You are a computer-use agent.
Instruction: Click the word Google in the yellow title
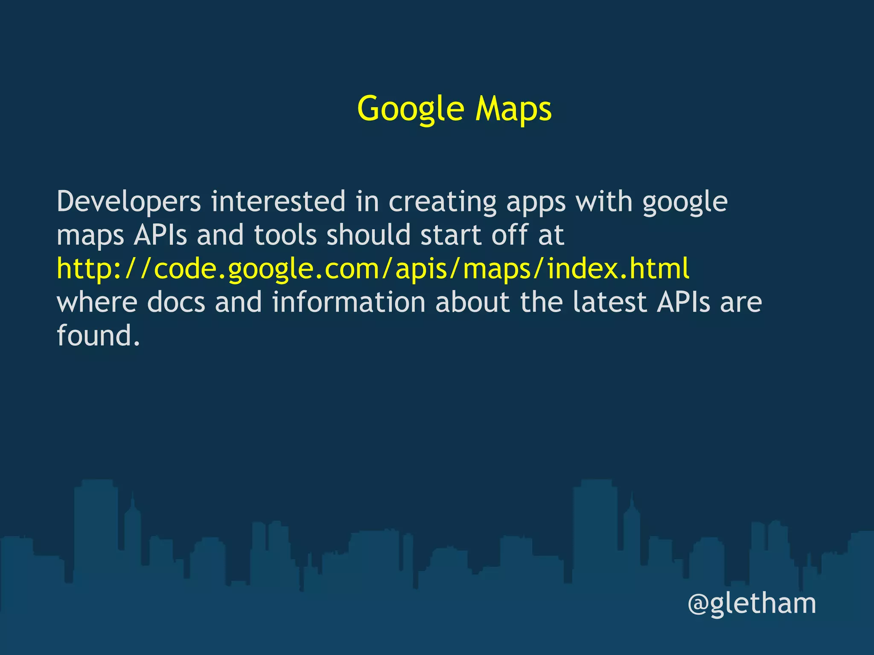point(411,109)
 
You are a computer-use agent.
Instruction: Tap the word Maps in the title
point(513,109)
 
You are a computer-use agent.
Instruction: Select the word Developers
point(128,202)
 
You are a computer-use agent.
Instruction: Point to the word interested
point(278,202)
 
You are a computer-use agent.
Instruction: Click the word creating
point(443,202)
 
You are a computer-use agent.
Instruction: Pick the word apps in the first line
point(536,203)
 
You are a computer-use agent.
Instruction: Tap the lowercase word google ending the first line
point(685,203)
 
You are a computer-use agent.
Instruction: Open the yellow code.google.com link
point(373,269)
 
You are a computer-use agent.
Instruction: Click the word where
point(97,302)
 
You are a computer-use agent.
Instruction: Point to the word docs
point(176,302)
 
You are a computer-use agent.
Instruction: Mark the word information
point(349,302)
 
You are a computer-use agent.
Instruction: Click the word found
point(98,335)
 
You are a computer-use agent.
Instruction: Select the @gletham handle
point(752,604)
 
